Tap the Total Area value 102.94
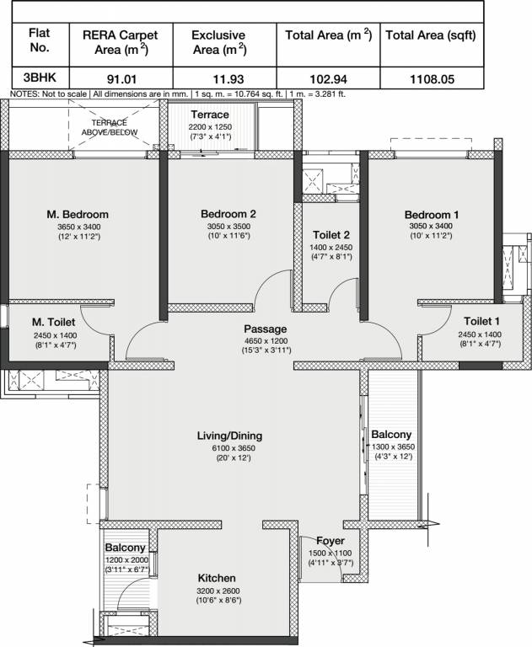(x=327, y=79)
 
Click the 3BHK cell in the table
(x=39, y=79)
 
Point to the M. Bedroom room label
(x=78, y=214)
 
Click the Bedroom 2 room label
(x=228, y=214)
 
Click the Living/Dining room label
(x=230, y=436)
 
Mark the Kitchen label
(x=217, y=579)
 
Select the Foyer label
(x=330, y=541)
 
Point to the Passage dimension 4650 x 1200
(x=266, y=341)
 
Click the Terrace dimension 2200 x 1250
(x=209, y=126)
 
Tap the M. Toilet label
(x=55, y=322)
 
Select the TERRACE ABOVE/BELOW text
(x=109, y=127)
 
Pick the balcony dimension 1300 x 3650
(x=394, y=446)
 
